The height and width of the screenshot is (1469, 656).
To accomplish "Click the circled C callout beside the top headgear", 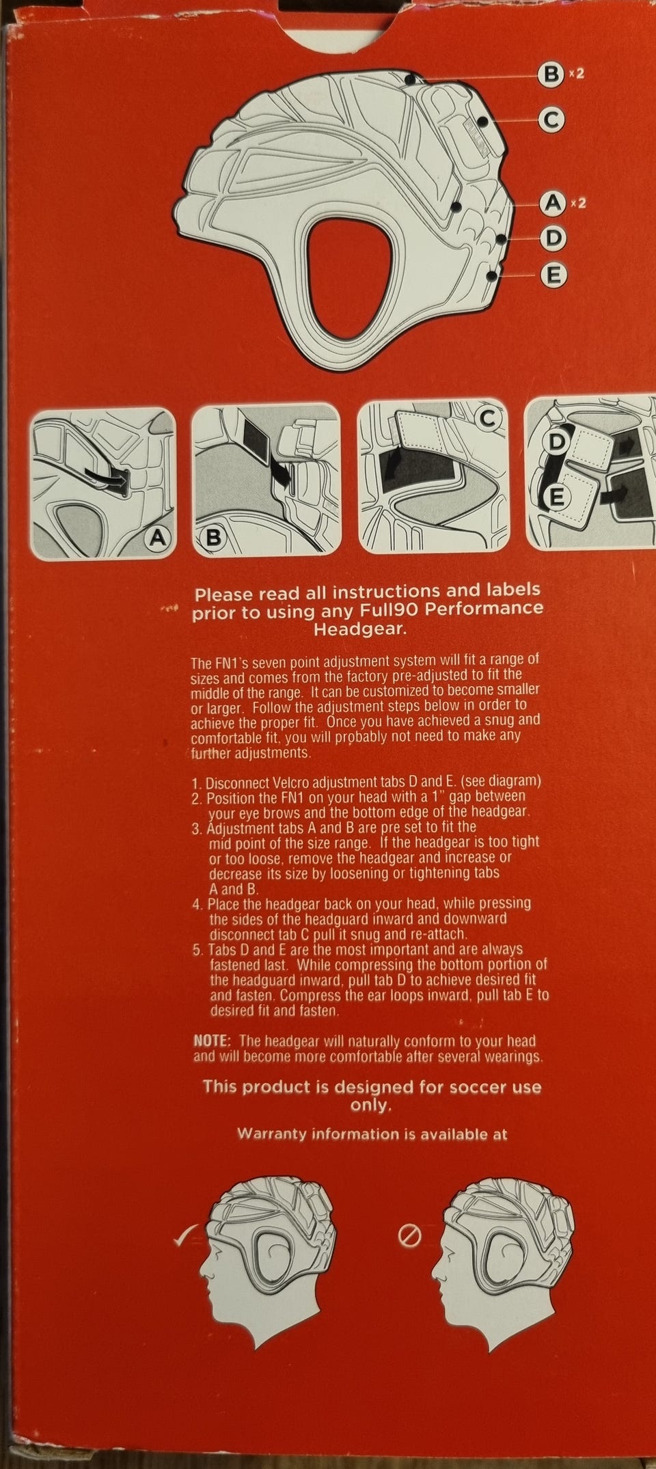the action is [551, 120].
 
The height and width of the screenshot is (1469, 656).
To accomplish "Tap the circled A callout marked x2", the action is [551, 203].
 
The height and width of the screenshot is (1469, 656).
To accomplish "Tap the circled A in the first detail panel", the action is [157, 538].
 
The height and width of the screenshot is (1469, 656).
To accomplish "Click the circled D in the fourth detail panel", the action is [557, 442].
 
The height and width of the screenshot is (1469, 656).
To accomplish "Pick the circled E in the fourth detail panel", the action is [557, 497].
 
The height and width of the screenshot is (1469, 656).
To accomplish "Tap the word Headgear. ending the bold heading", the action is [359, 629].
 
